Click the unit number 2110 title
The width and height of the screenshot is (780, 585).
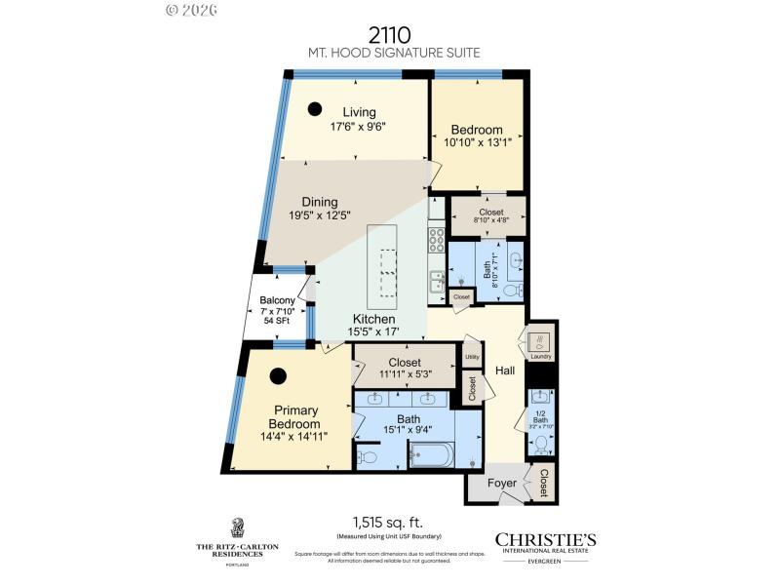click(x=390, y=36)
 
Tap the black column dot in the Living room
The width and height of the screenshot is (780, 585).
click(x=316, y=109)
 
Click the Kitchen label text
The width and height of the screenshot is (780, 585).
click(x=373, y=319)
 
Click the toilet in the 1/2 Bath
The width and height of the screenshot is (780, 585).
click(x=541, y=445)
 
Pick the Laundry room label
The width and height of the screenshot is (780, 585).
click(x=541, y=357)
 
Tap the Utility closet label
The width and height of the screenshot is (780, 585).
click(x=472, y=357)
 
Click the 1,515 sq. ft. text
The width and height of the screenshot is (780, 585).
click(x=390, y=522)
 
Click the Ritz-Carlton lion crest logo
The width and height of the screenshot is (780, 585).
click(x=237, y=527)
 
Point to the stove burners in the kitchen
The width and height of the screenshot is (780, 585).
click(x=436, y=240)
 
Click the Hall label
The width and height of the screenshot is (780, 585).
click(x=505, y=370)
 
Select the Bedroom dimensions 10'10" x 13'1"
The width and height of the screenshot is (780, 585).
click(x=478, y=142)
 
